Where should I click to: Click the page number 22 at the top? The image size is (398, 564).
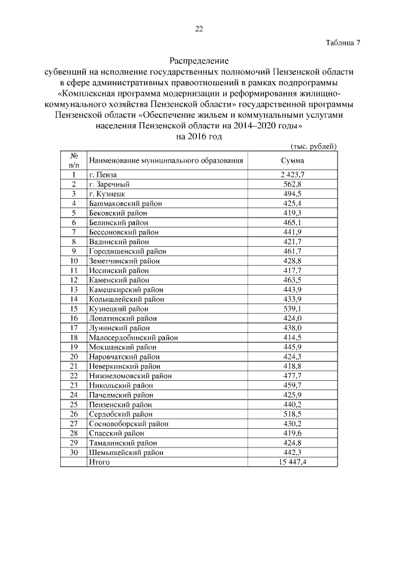199,29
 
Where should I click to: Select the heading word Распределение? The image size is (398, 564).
199,61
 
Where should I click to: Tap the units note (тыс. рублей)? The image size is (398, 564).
313,146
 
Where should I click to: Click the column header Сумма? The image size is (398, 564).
292,160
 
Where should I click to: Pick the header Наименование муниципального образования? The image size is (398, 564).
165,160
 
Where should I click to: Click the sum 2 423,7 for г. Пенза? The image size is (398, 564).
292,175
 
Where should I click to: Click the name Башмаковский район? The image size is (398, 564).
125,203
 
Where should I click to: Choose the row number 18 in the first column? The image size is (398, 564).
74,337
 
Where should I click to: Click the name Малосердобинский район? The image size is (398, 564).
133,337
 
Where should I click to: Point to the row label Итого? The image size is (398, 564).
99,462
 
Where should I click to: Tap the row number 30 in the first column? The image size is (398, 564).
74,452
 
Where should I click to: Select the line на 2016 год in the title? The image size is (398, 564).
199,136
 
